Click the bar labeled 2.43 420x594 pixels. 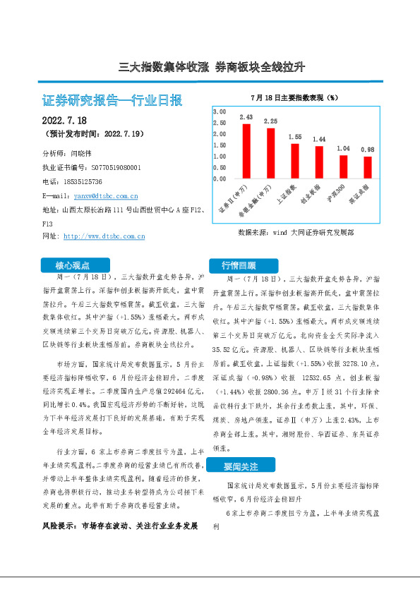(x=246, y=151)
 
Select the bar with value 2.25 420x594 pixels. (x=270, y=153)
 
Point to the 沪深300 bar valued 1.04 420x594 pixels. (x=343, y=166)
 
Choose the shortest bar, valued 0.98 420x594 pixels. (x=367, y=167)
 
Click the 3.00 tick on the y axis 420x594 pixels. (x=219, y=112)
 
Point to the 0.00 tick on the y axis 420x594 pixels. (x=219, y=178)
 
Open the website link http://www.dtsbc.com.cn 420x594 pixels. (x=104, y=236)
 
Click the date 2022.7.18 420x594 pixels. (x=64, y=121)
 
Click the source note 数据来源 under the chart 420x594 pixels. (x=296, y=231)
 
